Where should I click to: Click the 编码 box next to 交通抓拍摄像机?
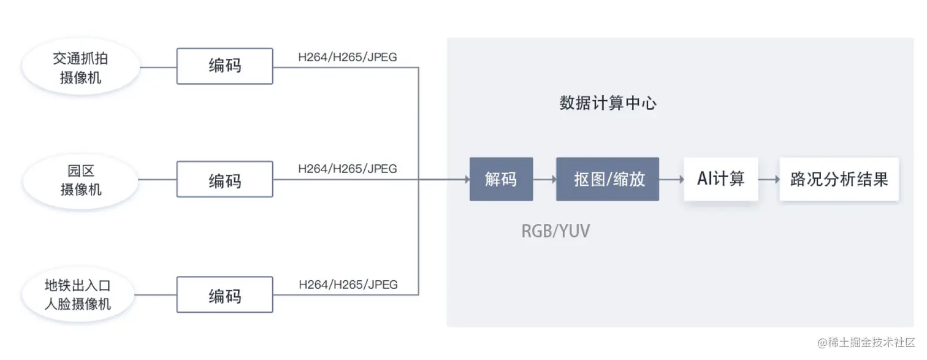pyautogui.click(x=224, y=66)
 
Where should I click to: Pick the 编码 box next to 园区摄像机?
pyautogui.click(x=224, y=179)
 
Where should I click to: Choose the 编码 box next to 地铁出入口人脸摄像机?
pyautogui.click(x=224, y=295)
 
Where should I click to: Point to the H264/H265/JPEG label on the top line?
pyautogui.click(x=348, y=57)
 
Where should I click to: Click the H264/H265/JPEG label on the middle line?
pyautogui.click(x=348, y=169)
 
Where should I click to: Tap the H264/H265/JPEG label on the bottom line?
pyautogui.click(x=348, y=285)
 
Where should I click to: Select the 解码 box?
pyautogui.click(x=501, y=179)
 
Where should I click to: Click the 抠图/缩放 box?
pyautogui.click(x=607, y=179)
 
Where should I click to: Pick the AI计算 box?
pyautogui.click(x=721, y=179)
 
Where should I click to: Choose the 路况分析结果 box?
pyautogui.click(x=839, y=179)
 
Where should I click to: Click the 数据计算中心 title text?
pyautogui.click(x=608, y=103)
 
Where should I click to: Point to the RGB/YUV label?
pyautogui.click(x=555, y=231)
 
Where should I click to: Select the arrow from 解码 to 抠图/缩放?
pyautogui.click(x=544, y=179)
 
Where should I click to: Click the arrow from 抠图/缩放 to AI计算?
pyautogui.click(x=671, y=179)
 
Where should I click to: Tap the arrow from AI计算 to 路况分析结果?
pyautogui.click(x=769, y=179)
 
